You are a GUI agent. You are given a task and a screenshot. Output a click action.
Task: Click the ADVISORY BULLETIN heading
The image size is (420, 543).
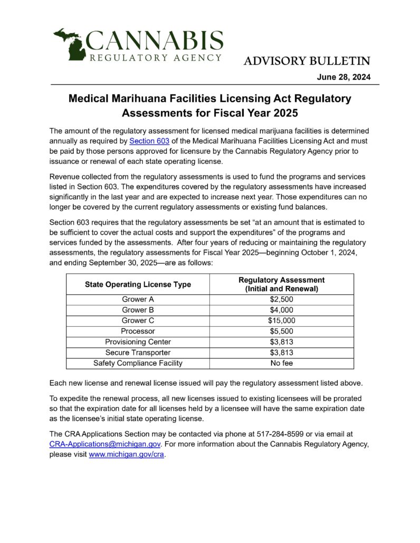tap(307, 61)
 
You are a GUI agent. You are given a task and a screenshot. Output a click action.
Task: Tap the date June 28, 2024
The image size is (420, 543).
tap(343, 77)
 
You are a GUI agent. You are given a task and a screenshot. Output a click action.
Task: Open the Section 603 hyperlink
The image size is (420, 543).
tap(149, 141)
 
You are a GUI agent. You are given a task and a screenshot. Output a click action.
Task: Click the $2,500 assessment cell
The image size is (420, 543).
tap(281, 299)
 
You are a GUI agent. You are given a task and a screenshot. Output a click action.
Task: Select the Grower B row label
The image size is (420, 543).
tap(138, 310)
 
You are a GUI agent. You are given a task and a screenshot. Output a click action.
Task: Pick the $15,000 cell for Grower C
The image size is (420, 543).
tap(281, 321)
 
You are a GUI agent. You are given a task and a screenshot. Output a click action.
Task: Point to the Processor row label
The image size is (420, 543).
tap(138, 331)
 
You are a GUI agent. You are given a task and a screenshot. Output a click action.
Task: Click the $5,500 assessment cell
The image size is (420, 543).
tap(281, 331)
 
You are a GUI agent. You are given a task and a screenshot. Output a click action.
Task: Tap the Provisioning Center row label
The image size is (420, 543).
tap(138, 342)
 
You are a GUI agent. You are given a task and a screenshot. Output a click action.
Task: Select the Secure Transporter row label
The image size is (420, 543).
tap(138, 352)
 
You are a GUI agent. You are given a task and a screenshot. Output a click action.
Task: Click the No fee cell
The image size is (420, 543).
tap(281, 363)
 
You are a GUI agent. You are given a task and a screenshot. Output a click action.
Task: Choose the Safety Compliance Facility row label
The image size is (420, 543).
tap(138, 363)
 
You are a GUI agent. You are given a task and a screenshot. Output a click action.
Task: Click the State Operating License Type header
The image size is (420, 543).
tap(138, 285)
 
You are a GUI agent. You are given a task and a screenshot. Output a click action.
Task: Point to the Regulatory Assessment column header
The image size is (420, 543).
tap(281, 285)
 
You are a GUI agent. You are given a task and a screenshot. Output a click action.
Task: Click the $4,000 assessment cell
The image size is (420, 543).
tap(281, 310)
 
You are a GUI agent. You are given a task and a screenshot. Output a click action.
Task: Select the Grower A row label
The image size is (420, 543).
tap(138, 299)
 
